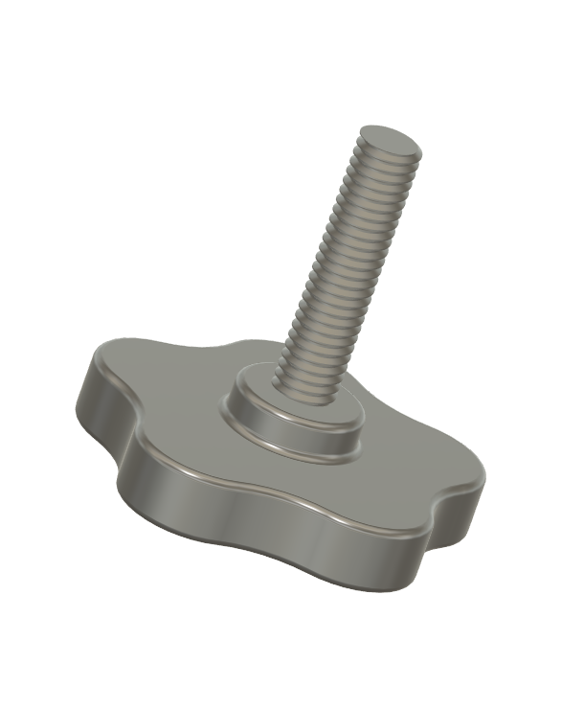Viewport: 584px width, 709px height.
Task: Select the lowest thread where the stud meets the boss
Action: tap(304, 382)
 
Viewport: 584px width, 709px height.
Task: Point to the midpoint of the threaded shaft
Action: tap(345, 263)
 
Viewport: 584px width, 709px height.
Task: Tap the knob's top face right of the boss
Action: tap(412, 469)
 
